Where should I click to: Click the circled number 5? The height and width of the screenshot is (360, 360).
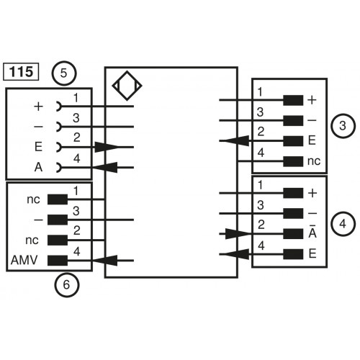tap(66, 72)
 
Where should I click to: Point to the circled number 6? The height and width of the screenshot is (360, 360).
tap(66, 285)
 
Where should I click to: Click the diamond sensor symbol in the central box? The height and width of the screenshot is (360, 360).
tap(127, 87)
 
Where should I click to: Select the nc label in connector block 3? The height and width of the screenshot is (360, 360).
tap(313, 161)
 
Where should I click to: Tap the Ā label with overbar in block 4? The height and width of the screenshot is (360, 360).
tap(312, 233)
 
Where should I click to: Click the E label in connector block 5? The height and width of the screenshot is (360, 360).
tap(38, 147)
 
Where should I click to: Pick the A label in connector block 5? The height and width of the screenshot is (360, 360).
tap(38, 168)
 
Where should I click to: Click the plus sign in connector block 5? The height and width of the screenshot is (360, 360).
tap(38, 106)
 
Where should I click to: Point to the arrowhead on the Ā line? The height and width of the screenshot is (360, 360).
tap(240, 233)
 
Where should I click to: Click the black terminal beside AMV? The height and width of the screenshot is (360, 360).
tap(58, 260)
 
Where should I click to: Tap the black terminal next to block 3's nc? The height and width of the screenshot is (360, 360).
tap(292, 161)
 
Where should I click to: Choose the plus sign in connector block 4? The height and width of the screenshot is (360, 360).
tap(312, 193)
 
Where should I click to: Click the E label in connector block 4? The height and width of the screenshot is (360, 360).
tap(312, 253)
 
